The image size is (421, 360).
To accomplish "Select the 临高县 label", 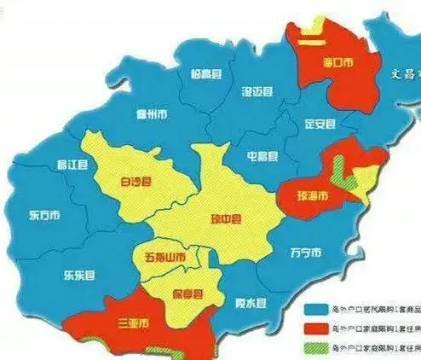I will pyautogui.click(x=205, y=74).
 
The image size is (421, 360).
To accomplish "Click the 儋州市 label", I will pyautogui.click(x=151, y=114).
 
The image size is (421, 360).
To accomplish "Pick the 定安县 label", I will pyautogui.click(x=320, y=123).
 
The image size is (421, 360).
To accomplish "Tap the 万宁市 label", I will pyautogui.click(x=305, y=253).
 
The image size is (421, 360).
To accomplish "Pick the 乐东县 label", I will pyautogui.click(x=78, y=276).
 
